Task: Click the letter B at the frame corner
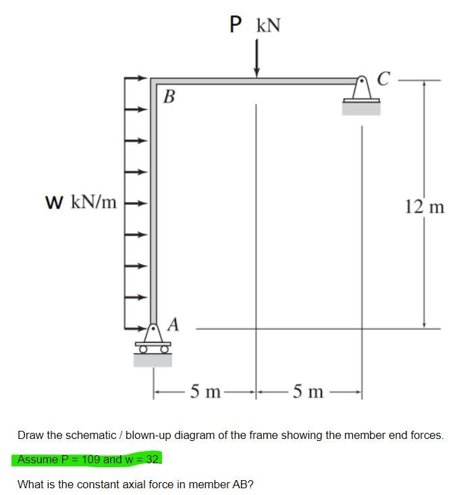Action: click(x=169, y=97)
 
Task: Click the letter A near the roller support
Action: click(x=173, y=325)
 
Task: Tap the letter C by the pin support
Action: click(x=383, y=80)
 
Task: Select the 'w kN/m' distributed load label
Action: click(x=80, y=201)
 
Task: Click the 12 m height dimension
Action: click(x=425, y=207)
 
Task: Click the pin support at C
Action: click(x=361, y=95)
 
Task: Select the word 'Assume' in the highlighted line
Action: click(x=36, y=459)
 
